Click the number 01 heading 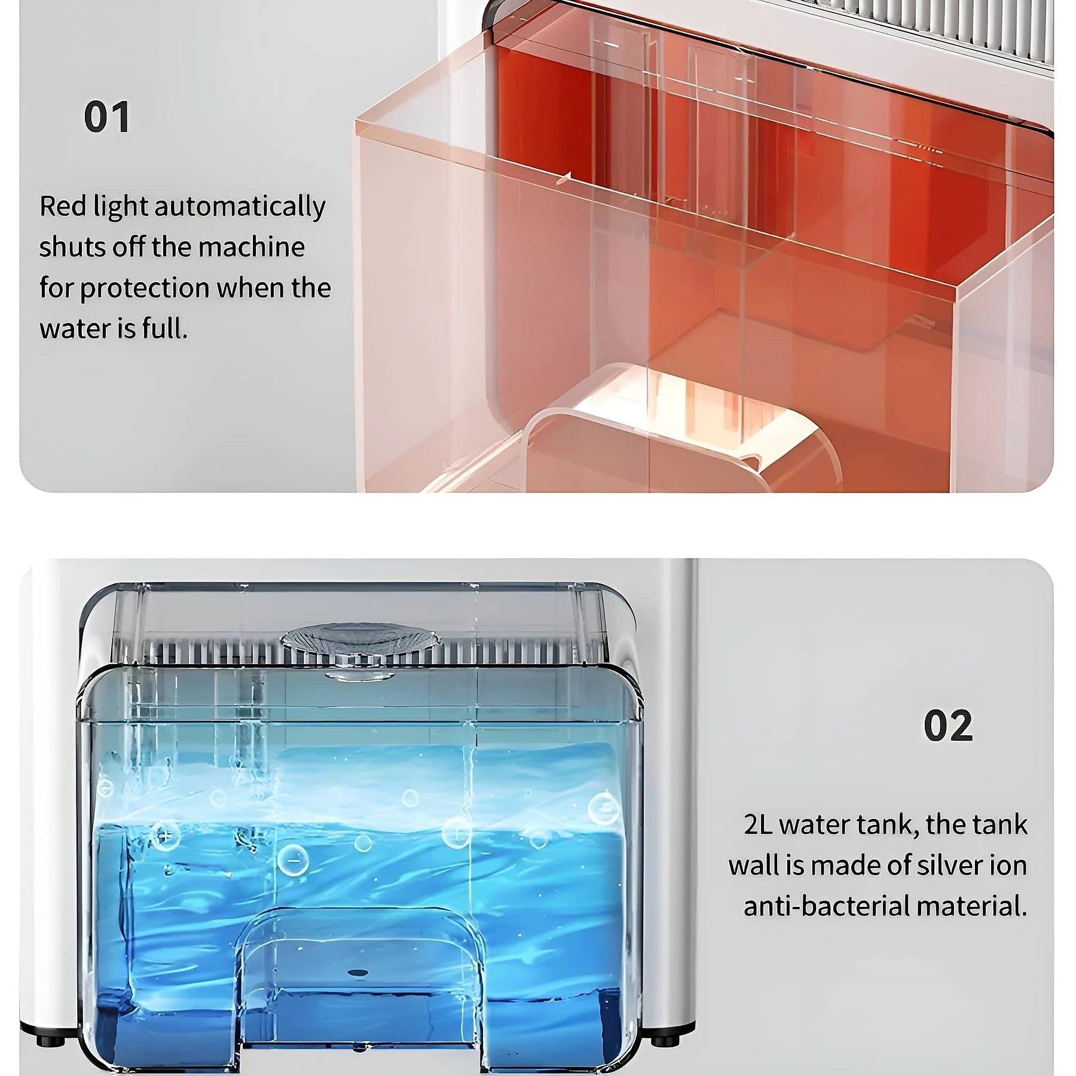pyautogui.click(x=106, y=117)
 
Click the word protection pyautogui.click(x=144, y=289)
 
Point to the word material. pyautogui.click(x=972, y=906)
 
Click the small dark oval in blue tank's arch pyautogui.click(x=359, y=972)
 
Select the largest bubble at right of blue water pyautogui.click(x=604, y=808)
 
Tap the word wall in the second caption pyautogui.click(x=754, y=865)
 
